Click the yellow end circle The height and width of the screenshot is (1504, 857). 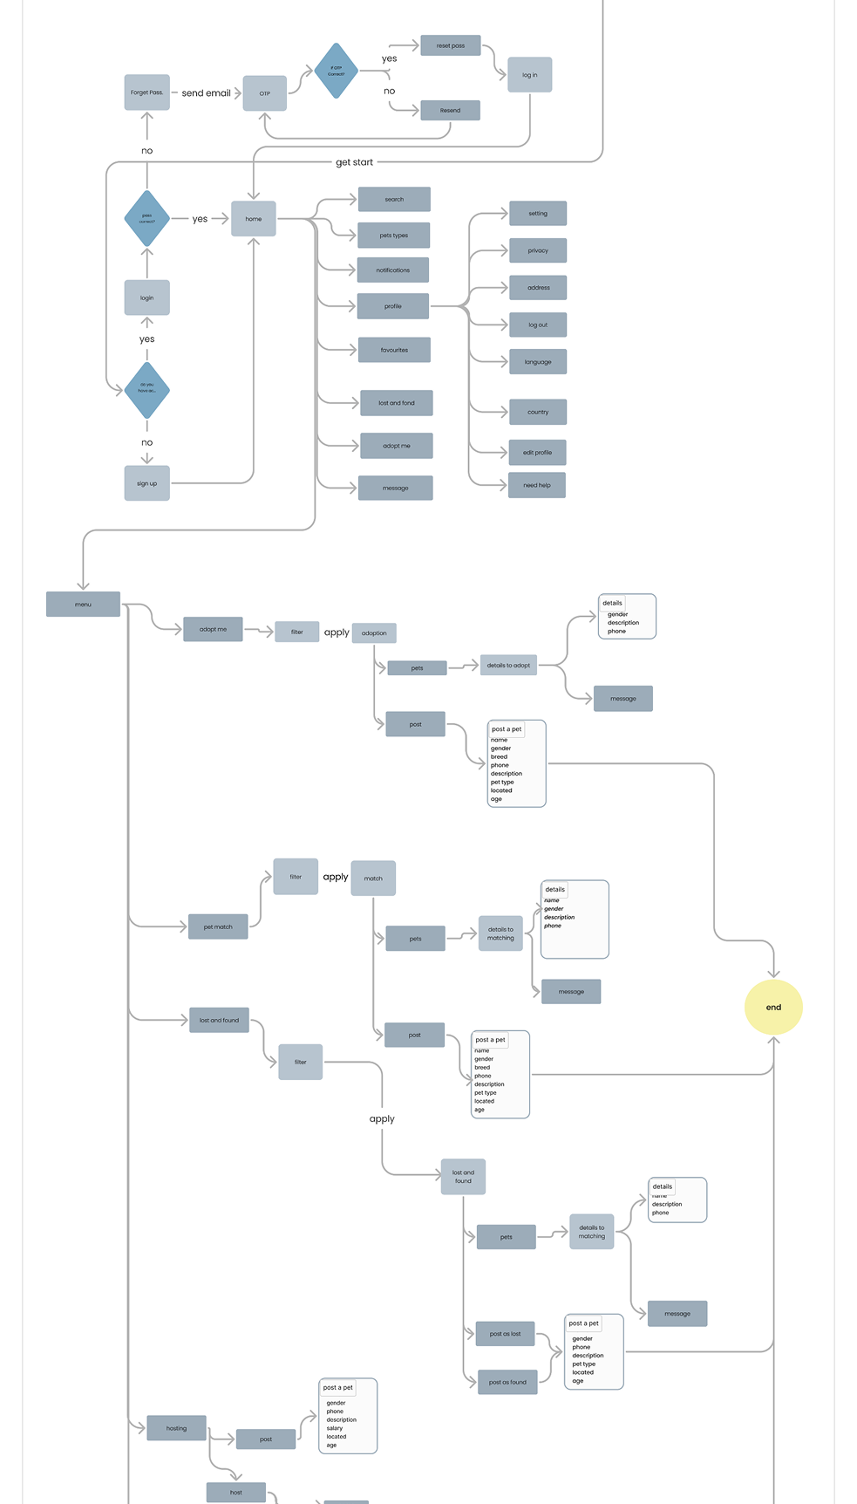point(773,1007)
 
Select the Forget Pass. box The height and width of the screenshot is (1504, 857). point(146,92)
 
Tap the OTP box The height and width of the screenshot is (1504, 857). point(264,93)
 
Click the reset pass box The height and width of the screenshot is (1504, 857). point(450,45)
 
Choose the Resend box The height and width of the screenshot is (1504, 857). point(450,111)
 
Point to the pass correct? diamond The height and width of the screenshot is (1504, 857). point(146,219)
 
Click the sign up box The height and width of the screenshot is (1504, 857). point(146,483)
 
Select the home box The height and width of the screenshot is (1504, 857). point(253,219)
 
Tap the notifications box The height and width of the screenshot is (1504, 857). point(393,270)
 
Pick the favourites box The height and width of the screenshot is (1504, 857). point(394,350)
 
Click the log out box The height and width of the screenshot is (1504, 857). point(538,325)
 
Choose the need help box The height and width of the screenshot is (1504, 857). point(537,485)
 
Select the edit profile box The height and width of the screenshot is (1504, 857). point(537,453)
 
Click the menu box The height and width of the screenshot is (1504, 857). point(83,605)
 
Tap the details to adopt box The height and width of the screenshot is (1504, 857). point(508,666)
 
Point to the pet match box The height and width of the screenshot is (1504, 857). point(218,926)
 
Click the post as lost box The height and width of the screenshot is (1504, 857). point(506,1334)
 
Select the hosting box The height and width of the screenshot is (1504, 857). point(176,1428)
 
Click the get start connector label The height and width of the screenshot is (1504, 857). point(354,162)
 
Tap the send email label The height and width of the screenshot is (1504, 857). point(206,93)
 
